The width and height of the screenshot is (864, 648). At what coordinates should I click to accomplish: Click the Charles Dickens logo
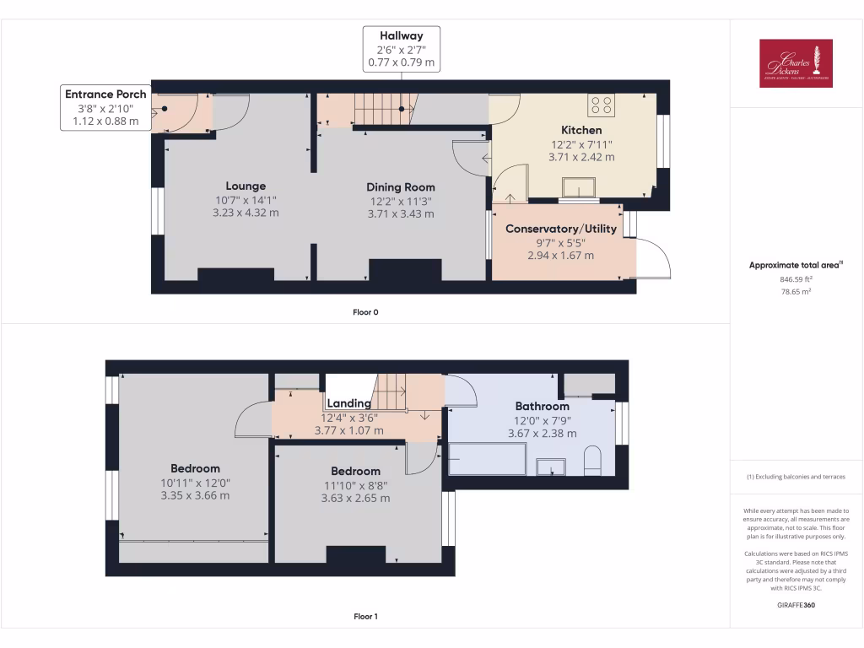click(x=796, y=63)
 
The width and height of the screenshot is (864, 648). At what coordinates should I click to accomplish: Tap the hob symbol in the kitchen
click(x=602, y=105)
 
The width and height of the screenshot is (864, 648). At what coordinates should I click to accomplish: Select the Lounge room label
click(x=246, y=186)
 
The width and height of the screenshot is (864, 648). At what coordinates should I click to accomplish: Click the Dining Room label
click(x=401, y=186)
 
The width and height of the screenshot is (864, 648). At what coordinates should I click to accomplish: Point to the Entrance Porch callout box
click(x=106, y=108)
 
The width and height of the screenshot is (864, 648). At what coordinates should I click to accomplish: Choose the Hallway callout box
click(x=401, y=49)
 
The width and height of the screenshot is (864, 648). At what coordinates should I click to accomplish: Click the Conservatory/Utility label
click(x=560, y=229)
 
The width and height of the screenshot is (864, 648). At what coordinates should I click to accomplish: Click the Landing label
click(x=349, y=403)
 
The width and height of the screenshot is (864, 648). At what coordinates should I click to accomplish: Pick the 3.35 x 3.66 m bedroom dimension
click(x=195, y=495)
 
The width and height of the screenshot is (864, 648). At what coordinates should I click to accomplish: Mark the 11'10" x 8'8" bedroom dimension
click(x=355, y=484)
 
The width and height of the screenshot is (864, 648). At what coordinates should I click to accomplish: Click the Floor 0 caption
click(x=365, y=312)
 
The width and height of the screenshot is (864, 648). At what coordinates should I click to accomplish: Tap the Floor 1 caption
click(x=365, y=617)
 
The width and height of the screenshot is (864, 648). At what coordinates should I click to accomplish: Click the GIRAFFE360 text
click(x=796, y=605)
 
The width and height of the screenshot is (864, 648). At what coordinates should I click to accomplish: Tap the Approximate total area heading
click(x=796, y=265)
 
